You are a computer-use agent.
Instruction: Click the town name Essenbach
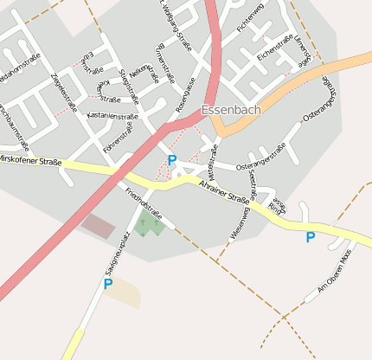point(231,111)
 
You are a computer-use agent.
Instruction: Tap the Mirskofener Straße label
point(29,160)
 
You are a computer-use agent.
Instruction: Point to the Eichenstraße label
point(276,47)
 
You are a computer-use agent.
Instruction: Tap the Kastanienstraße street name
point(112,116)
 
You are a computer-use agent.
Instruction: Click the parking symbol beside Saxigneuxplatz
point(108,283)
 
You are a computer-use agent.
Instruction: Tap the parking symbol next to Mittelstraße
point(172,160)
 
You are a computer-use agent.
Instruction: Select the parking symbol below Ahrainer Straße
point(310,236)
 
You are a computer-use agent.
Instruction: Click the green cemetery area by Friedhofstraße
point(148,224)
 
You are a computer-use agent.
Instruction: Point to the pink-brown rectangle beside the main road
point(98,227)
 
